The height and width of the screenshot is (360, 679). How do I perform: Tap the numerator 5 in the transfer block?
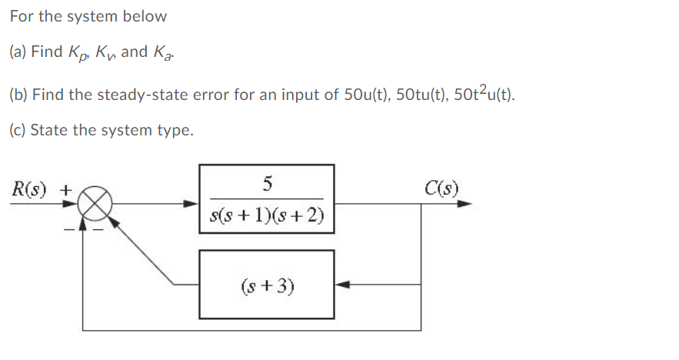pos(267,183)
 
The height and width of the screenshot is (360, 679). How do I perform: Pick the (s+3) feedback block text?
pos(267,286)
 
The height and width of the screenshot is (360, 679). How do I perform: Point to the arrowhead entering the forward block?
pos(192,205)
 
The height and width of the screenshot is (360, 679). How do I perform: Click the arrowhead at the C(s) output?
pos(464,205)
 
